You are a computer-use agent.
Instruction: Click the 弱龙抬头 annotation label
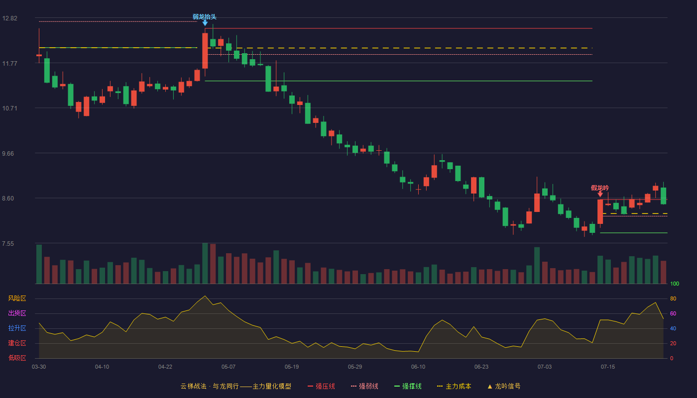205,17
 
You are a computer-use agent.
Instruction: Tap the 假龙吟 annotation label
600,188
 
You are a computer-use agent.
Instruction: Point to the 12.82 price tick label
9,18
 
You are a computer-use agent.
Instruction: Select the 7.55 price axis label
8,244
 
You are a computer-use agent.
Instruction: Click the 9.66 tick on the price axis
8,154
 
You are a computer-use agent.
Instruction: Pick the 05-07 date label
229,367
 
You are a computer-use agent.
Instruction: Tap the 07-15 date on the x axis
608,367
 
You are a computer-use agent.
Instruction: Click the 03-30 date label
39,367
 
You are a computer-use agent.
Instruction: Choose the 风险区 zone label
17,298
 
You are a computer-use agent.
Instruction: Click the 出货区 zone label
17,313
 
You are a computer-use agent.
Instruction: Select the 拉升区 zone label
17,328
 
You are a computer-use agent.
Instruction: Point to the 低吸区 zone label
17,358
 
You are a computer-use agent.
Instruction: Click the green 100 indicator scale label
675,284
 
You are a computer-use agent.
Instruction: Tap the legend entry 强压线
321,386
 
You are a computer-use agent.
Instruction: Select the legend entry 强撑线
408,386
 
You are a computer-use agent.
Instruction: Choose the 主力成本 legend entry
454,386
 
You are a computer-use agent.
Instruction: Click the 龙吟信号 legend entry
504,386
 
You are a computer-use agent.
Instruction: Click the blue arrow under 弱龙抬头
205,23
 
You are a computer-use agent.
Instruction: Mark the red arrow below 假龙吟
600,194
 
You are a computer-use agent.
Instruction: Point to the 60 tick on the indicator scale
673,313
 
